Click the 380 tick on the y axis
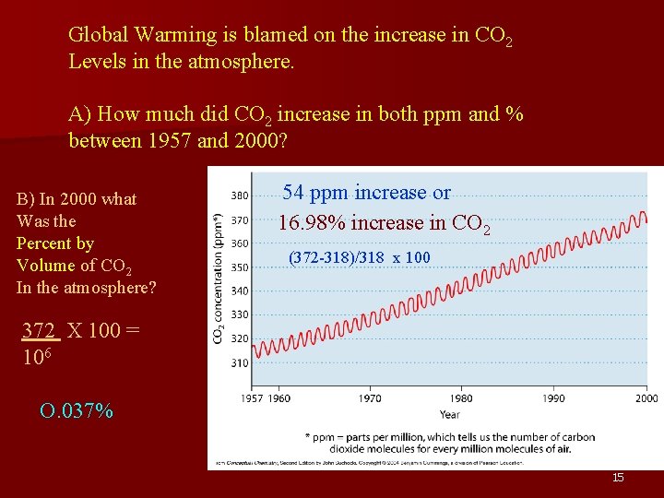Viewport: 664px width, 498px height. (239, 196)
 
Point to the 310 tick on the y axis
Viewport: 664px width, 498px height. (239, 362)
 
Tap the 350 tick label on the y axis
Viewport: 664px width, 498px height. (239, 267)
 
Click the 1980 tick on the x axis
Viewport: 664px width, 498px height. (462, 398)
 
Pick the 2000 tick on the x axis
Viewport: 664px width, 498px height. (646, 398)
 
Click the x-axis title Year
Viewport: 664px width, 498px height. (449, 414)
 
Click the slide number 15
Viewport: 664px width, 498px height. (618, 477)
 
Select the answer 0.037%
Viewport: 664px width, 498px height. (77, 410)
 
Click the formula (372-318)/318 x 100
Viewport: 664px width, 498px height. (359, 257)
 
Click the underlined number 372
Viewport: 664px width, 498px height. (40, 330)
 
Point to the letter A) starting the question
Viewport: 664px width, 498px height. (80, 115)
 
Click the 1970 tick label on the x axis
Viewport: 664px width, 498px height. (370, 398)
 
